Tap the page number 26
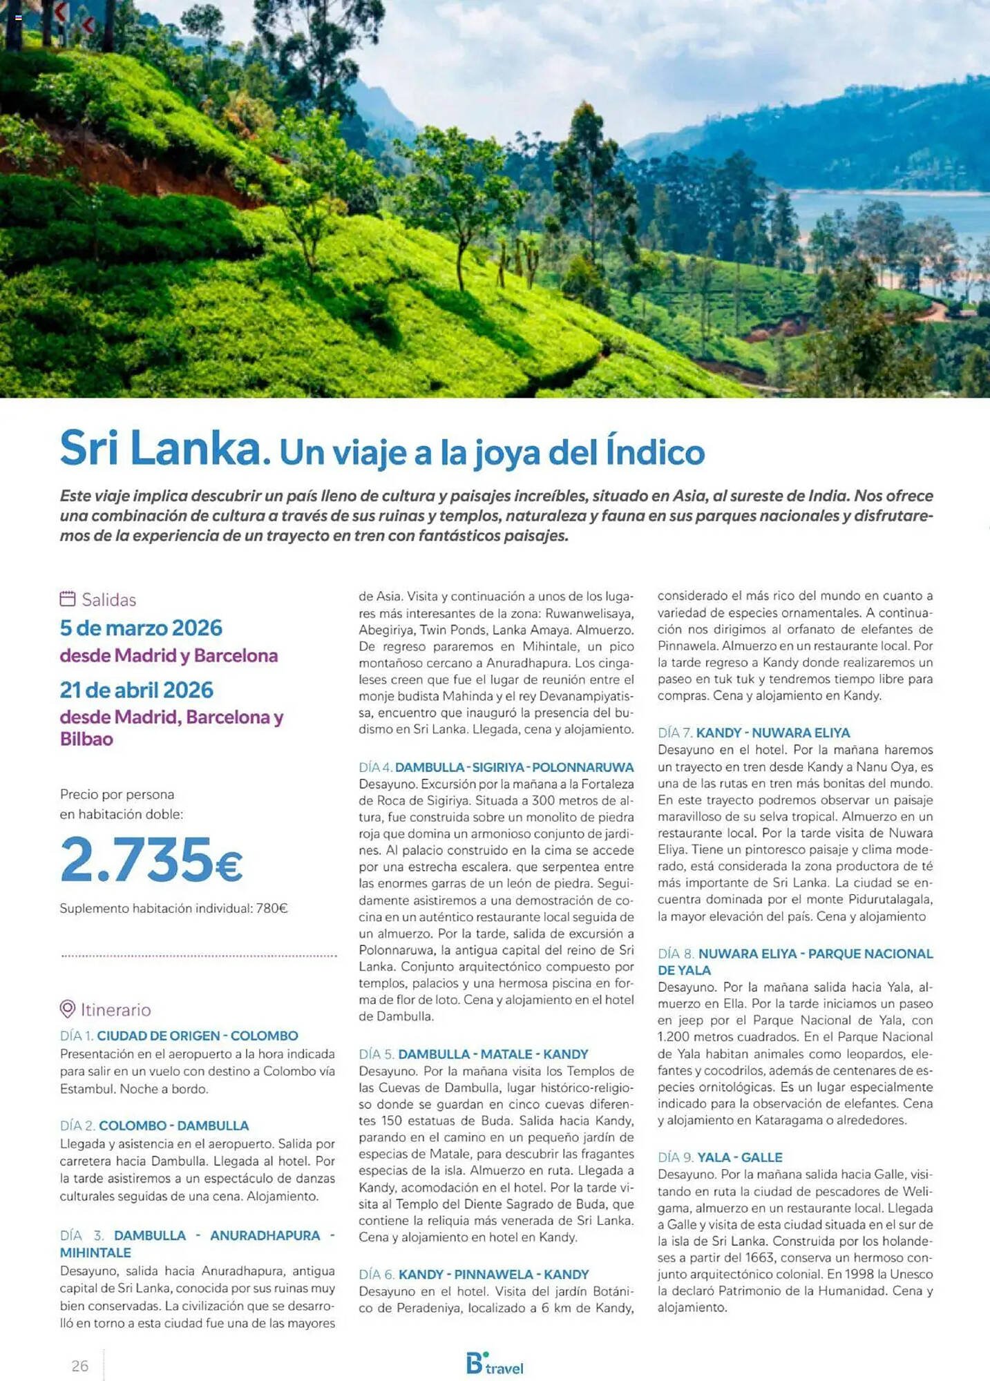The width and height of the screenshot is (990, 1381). [x=80, y=1365]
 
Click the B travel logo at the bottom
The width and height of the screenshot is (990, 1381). [x=494, y=1364]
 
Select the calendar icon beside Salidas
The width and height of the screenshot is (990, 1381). [x=67, y=599]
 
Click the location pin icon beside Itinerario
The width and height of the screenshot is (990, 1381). [x=67, y=1009]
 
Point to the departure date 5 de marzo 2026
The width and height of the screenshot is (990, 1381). [x=141, y=628]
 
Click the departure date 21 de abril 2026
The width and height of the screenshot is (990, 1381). [x=137, y=690]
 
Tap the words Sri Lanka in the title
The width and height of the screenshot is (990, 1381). [x=160, y=448]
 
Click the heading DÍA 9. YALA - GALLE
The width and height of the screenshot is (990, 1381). [x=720, y=1157]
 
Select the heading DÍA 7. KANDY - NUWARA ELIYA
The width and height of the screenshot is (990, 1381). [x=754, y=733]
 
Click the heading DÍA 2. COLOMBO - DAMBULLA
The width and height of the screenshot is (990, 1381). [x=154, y=1126]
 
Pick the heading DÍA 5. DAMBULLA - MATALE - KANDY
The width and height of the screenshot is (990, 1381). [x=473, y=1054]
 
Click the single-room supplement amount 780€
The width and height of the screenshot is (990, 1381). [x=272, y=909]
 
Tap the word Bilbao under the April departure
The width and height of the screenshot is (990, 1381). [x=86, y=739]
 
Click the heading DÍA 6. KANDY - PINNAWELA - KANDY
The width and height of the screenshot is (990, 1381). [x=473, y=1274]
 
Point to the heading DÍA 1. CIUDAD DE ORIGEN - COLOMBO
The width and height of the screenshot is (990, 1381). [x=179, y=1036]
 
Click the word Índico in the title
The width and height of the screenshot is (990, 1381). [x=655, y=452]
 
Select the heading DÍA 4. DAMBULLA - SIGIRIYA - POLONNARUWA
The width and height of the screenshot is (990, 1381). [x=496, y=767]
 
